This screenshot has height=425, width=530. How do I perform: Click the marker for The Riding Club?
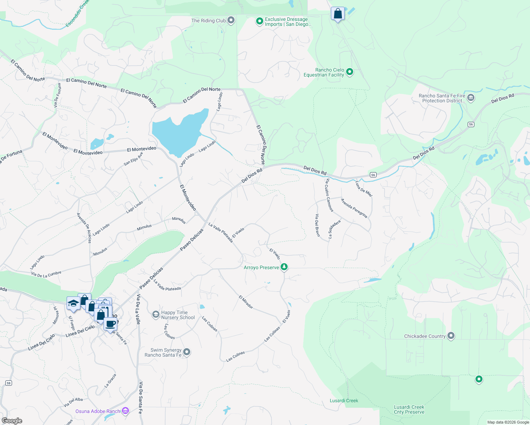[231, 20]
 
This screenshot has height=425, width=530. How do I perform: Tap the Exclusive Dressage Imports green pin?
[260, 22]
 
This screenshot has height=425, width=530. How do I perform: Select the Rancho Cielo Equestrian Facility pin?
[350, 72]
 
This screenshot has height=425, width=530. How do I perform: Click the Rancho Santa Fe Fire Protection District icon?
[471, 98]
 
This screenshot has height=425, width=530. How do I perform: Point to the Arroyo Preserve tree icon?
[284, 267]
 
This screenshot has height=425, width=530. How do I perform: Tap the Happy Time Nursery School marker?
[156, 314]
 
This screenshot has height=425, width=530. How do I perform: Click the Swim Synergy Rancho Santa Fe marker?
[187, 352]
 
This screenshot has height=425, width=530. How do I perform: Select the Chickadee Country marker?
[451, 336]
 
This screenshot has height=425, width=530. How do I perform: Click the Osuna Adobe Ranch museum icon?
[125, 411]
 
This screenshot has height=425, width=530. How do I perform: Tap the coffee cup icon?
[111, 323]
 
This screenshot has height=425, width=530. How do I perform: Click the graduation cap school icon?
[73, 303]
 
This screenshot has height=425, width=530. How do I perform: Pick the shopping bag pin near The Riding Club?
[338, 14]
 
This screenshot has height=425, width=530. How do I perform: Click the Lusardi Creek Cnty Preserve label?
[409, 409]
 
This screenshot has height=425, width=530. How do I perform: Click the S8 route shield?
[9, 383]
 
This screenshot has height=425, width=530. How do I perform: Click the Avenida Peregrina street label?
[354, 208]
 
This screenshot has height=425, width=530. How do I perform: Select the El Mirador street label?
[246, 302]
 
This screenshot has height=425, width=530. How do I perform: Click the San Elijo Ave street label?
[133, 159]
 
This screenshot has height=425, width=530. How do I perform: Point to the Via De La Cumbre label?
[46, 274]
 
